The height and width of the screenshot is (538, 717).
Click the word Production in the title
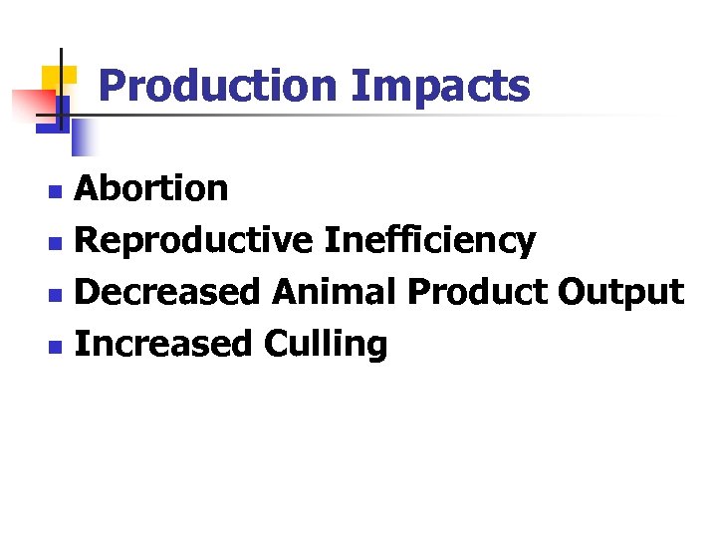coord(218,86)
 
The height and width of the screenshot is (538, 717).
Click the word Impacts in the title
coord(440,88)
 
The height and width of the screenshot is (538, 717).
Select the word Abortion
coord(151,187)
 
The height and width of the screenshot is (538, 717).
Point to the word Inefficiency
coord(429,241)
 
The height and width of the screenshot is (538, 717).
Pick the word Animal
coord(336,292)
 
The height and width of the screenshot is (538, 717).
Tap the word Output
coord(620,293)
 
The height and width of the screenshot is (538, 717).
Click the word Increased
coord(165,344)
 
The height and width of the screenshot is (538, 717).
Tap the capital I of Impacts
coord(357,86)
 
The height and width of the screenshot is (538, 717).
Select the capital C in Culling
coord(277,344)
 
